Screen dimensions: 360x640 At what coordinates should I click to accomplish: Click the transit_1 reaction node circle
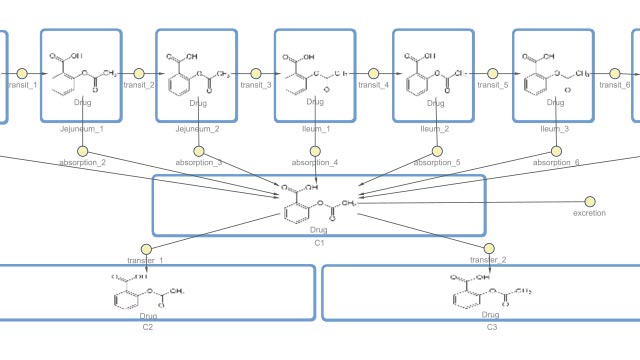[20, 73]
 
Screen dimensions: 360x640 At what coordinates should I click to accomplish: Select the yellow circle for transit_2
[138, 73]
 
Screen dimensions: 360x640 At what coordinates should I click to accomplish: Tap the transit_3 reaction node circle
[256, 73]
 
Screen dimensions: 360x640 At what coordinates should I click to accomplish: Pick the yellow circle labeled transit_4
[374, 73]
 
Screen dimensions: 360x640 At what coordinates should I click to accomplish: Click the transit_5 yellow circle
[492, 73]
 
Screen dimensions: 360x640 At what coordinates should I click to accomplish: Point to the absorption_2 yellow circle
[82, 152]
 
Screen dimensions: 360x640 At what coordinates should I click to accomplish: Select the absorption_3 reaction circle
[199, 152]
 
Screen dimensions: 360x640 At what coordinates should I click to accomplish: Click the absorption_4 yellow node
[315, 152]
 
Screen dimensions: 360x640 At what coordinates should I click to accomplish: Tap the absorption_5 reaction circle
[436, 152]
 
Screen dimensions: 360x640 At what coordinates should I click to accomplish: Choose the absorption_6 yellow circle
[555, 152]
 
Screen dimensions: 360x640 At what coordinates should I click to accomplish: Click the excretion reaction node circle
[589, 202]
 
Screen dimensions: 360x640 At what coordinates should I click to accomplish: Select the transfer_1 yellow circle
[146, 248]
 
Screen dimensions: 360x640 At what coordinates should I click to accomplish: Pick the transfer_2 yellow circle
[490, 248]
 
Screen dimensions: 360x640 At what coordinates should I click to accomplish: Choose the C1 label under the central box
[319, 243]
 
